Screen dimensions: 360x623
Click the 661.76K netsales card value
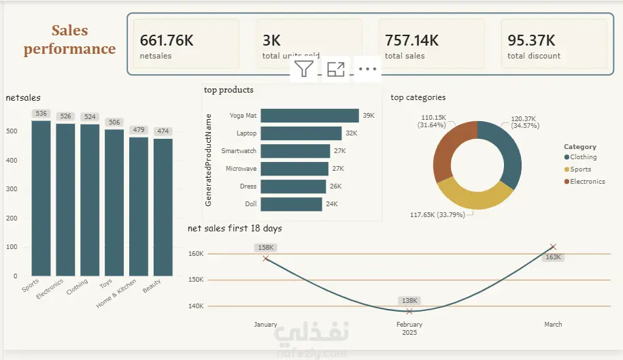(x=167, y=41)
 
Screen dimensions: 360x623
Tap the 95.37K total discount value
(x=531, y=41)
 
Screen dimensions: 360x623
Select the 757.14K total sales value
(x=411, y=41)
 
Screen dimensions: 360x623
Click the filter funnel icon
(x=304, y=69)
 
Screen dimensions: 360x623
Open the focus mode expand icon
(x=336, y=69)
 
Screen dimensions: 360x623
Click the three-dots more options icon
(x=367, y=69)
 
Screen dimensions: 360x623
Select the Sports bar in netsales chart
(x=41, y=197)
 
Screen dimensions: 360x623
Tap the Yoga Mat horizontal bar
(x=309, y=116)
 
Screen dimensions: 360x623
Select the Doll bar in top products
(x=291, y=203)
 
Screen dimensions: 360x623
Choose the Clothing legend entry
(x=583, y=157)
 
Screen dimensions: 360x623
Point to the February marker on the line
(x=409, y=311)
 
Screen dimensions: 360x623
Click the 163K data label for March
(x=554, y=257)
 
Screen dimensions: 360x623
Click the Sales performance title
(x=69, y=39)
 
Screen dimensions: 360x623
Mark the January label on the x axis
(x=265, y=325)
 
